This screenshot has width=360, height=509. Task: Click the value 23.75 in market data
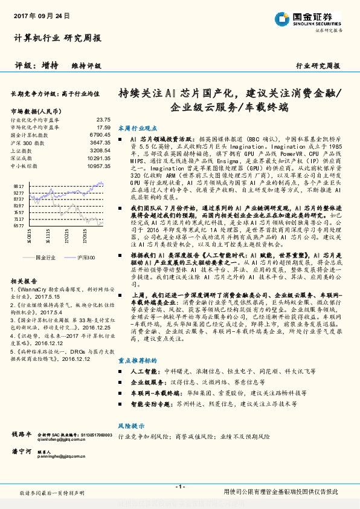pyautogui.click(x=103, y=120)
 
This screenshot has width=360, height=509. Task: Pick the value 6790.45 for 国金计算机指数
pyautogui.click(x=100, y=135)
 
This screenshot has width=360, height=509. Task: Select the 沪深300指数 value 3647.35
pyautogui.click(x=100, y=142)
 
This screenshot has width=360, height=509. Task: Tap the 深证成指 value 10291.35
pyautogui.click(x=98, y=157)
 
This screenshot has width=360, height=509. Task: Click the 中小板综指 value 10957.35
pyautogui.click(x=98, y=164)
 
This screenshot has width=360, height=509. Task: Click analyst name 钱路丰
pyautogui.click(x=21, y=435)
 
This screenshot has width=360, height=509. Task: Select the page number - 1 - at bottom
pyautogui.click(x=179, y=487)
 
